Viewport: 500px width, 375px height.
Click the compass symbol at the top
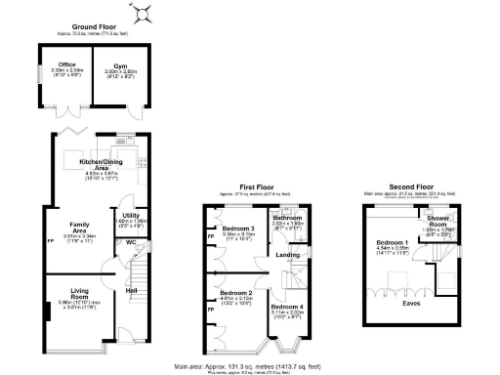click(x=145, y=12)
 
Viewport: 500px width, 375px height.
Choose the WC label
click(x=129, y=243)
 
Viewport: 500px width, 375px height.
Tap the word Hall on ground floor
click(x=130, y=289)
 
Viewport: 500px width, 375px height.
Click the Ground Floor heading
click(x=94, y=27)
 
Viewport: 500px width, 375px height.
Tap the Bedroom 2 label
click(x=235, y=293)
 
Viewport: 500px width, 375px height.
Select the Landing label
click(x=288, y=255)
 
